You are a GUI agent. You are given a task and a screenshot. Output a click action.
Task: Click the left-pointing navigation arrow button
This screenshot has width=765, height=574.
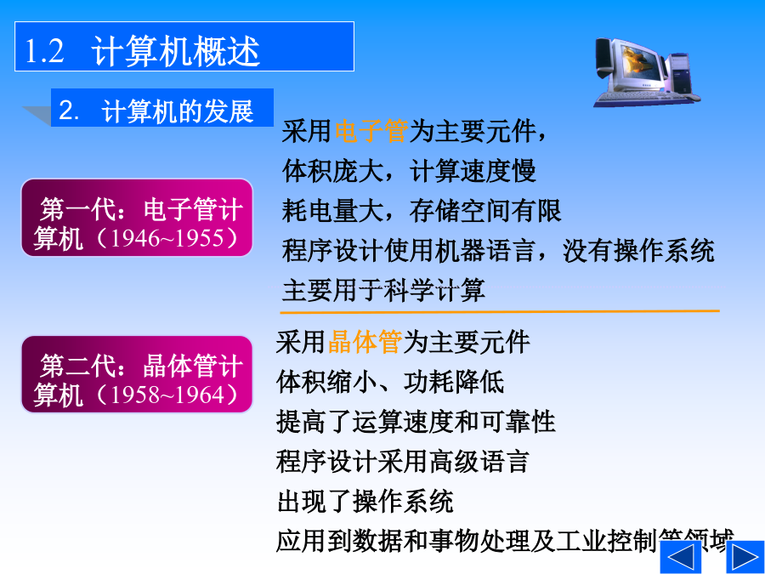pyautogui.click(x=680, y=557)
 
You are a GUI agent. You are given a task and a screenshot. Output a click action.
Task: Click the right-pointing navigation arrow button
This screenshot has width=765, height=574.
pyautogui.click(x=745, y=557)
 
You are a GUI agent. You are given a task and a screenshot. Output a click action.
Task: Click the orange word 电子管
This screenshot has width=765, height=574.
pyautogui.click(x=371, y=131)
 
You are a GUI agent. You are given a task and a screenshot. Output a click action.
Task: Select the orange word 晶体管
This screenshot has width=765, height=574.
pyautogui.click(x=365, y=342)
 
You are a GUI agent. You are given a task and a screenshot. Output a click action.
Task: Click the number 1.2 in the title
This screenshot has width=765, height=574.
pyautogui.click(x=44, y=51)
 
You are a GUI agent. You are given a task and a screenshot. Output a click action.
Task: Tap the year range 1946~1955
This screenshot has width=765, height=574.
pyautogui.click(x=167, y=239)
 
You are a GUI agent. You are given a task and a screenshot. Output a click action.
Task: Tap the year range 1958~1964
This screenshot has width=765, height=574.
pyautogui.click(x=167, y=395)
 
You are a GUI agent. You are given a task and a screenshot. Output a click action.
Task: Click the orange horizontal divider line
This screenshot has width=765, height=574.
pyautogui.click(x=500, y=311)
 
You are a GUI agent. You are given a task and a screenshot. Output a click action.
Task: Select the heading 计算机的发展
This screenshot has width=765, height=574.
pyautogui.click(x=178, y=111)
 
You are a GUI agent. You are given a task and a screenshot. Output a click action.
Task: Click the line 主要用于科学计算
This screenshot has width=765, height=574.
pyautogui.click(x=383, y=290)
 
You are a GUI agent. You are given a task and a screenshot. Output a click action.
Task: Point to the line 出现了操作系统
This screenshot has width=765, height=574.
pyautogui.click(x=365, y=501)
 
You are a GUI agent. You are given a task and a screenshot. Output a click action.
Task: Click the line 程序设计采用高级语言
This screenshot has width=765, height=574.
pyautogui.click(x=403, y=461)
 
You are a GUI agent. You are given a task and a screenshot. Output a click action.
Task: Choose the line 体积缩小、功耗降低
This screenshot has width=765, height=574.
pyautogui.click(x=390, y=382)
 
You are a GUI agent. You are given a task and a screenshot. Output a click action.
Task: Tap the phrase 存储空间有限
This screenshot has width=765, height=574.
pyautogui.click(x=485, y=211)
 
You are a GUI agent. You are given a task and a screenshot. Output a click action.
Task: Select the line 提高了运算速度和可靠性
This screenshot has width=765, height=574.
pyautogui.click(x=416, y=422)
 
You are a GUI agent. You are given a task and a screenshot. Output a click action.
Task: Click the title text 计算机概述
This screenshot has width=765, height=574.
pyautogui.click(x=176, y=51)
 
